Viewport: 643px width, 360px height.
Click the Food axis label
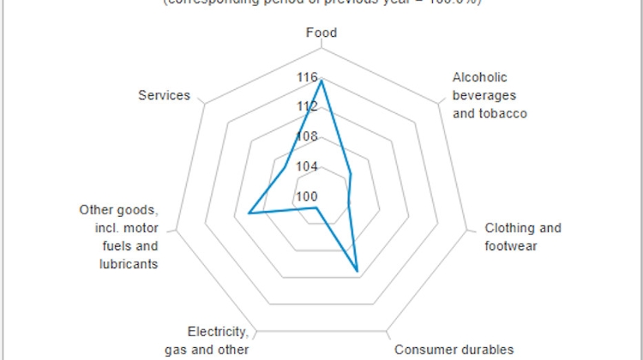click(321, 33)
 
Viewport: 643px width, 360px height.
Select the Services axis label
click(164, 95)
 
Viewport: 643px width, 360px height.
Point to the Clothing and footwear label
click(523, 237)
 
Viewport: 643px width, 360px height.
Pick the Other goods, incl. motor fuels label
click(118, 237)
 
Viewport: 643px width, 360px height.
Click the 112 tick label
click(306, 106)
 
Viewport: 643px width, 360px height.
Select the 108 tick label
click(306, 136)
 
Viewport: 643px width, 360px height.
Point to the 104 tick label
click(306, 166)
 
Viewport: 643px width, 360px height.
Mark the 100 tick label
click(306, 195)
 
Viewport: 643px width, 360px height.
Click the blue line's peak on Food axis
click(321, 81)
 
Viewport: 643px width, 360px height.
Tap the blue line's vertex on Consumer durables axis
click(358, 271)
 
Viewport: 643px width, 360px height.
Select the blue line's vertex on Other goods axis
click(249, 213)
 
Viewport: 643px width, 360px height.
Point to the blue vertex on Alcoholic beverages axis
click(352, 174)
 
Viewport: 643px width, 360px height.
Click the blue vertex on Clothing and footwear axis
click(348, 204)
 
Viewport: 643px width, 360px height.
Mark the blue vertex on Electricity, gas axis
click(316, 207)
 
